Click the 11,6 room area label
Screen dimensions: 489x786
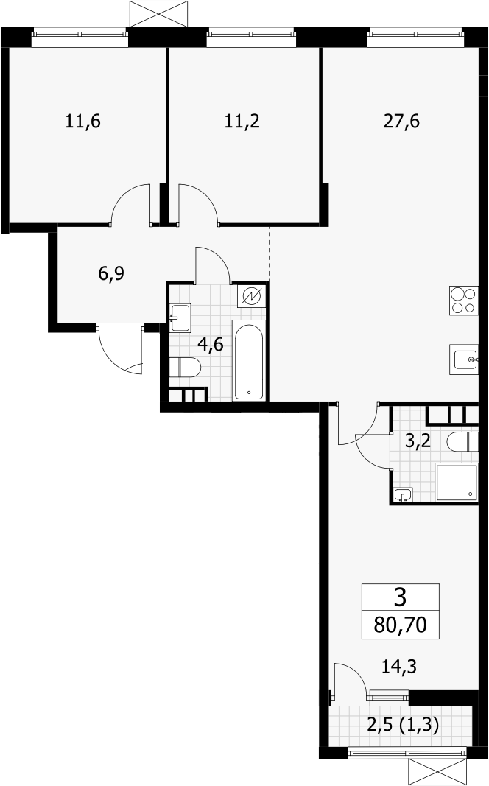click(83, 122)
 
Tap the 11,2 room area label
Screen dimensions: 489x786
click(242, 122)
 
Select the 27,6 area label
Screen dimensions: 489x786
click(402, 122)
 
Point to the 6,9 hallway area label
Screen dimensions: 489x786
click(111, 274)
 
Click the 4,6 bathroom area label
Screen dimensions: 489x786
click(210, 344)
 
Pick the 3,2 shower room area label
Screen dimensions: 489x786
click(418, 442)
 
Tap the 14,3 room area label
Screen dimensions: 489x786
click(399, 667)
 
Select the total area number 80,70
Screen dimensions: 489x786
click(401, 625)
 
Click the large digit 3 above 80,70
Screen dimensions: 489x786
click(401, 597)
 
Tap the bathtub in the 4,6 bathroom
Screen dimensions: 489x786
click(248, 362)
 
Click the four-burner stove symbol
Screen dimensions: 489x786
click(463, 301)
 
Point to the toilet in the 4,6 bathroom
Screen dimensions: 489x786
click(185, 368)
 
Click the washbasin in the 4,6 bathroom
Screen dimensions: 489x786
click(180, 317)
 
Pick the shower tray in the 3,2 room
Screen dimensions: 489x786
click(457, 483)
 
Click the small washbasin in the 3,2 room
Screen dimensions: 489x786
click(404, 495)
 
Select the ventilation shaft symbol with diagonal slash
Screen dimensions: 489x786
click(252, 298)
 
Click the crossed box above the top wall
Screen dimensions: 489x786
click(160, 13)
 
